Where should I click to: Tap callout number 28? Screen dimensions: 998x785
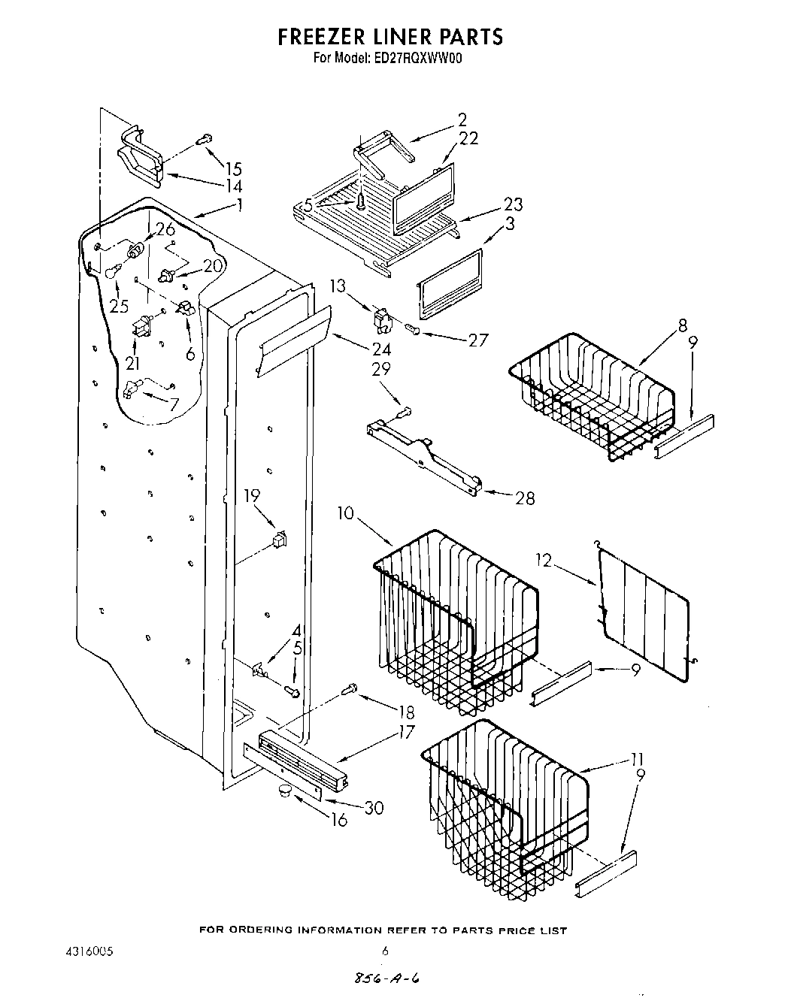pos(524,498)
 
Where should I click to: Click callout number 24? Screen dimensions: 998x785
pos(381,349)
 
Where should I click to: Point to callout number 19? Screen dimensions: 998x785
pos(252,495)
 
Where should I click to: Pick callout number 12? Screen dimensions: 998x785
pos(544,560)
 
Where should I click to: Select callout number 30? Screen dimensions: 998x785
pos(373,807)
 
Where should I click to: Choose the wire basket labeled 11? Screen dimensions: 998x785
pos(504,797)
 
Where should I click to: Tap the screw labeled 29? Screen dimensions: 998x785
pos(405,411)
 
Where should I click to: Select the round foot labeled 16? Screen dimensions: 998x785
pos(283,788)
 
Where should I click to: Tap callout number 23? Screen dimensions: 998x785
pos(514,204)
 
